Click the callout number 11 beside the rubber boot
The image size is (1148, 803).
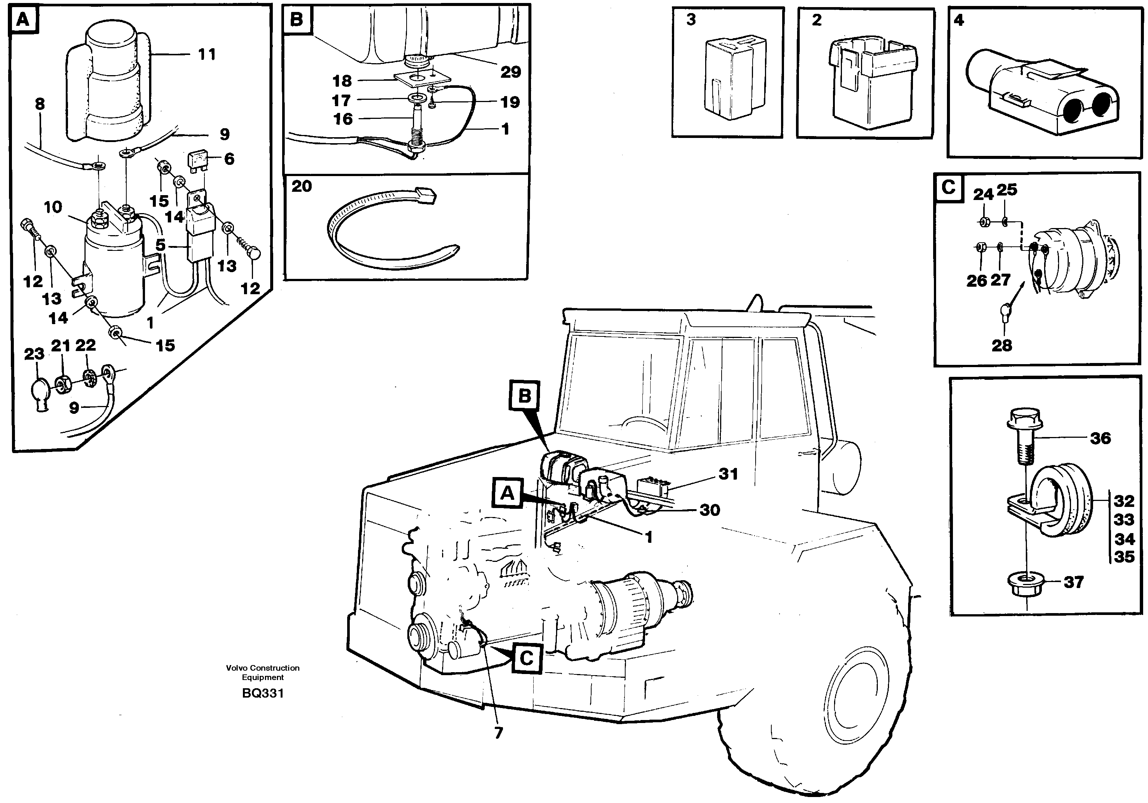tap(207, 54)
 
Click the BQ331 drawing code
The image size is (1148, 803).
tap(262, 693)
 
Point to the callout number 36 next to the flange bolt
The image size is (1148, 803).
tap(1100, 438)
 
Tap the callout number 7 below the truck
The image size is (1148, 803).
tap(499, 733)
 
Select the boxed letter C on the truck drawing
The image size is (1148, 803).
tap(526, 658)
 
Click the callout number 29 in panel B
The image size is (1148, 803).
tap(510, 72)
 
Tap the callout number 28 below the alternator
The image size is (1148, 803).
tap(1002, 345)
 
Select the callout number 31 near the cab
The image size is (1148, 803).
tap(728, 474)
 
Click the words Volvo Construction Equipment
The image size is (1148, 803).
tap(262, 673)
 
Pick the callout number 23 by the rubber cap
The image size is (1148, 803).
tap(34, 354)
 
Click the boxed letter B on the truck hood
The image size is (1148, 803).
tap(524, 396)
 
